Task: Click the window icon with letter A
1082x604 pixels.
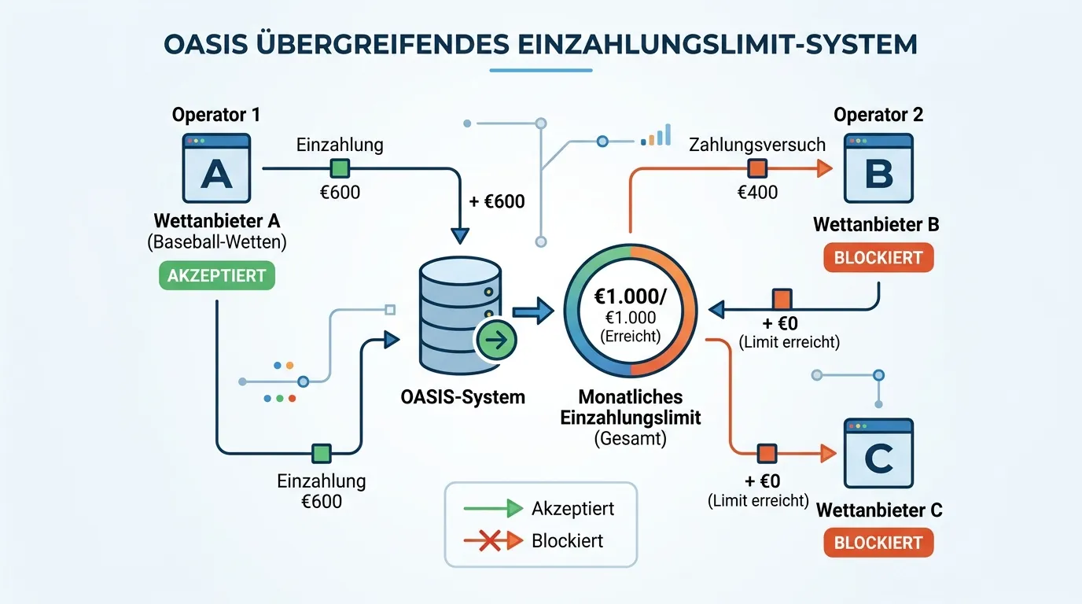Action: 216,168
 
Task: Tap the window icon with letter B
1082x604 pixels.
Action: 878,168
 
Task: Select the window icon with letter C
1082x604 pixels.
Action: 878,453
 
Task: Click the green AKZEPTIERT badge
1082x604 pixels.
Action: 217,275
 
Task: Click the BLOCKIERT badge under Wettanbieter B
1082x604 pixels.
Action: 878,257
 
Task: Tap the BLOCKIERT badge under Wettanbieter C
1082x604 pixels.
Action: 878,543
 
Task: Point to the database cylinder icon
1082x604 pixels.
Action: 460,315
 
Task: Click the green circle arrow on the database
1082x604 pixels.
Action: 496,341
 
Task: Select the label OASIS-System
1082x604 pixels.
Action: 462,397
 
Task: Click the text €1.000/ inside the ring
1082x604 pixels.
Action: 631,296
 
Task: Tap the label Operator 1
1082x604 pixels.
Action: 216,115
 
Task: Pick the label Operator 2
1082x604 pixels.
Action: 878,115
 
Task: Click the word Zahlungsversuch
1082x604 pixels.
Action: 757,145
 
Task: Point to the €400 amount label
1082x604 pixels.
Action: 757,193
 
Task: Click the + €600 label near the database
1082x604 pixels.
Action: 497,201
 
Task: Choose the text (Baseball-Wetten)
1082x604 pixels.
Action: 217,242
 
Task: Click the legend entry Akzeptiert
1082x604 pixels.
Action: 573,509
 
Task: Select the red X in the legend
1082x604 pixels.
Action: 490,541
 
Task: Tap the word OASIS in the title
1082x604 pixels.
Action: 206,45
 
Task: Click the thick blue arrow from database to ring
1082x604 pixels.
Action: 533,311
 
